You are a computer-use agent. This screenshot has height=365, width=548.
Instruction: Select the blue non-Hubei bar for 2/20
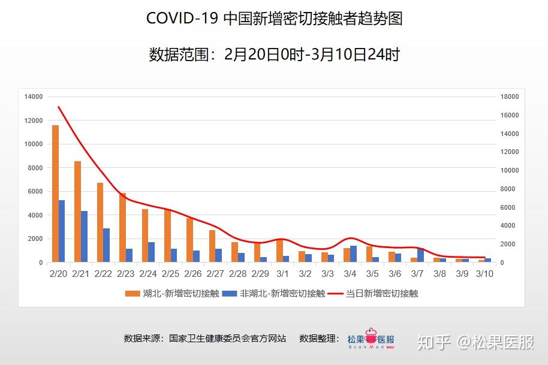point(62,231)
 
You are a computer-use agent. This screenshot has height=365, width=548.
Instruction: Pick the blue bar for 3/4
point(353,254)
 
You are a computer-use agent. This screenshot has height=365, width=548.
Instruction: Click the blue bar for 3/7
point(420,255)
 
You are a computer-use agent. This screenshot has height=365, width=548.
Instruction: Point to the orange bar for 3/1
point(279,250)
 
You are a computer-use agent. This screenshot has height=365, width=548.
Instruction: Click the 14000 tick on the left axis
point(34,96)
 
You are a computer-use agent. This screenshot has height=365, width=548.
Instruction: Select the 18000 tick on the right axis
point(510,96)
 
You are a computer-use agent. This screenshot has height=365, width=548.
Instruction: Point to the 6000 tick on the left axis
point(35,191)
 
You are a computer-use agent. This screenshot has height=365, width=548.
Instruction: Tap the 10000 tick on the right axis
point(510,170)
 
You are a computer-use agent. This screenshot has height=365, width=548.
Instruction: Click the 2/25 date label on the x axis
point(171,274)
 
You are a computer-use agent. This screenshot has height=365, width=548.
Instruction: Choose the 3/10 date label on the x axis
point(484,274)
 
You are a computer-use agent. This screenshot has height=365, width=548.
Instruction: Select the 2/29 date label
point(260,274)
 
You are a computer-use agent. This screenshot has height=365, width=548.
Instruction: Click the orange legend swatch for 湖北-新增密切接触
point(131,294)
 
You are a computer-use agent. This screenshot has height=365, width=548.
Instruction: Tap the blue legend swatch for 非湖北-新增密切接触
point(229,294)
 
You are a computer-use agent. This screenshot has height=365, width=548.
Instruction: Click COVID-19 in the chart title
point(182,18)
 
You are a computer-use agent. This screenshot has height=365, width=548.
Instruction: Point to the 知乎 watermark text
point(434,342)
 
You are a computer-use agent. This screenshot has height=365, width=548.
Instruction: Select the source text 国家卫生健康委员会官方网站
point(227,339)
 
